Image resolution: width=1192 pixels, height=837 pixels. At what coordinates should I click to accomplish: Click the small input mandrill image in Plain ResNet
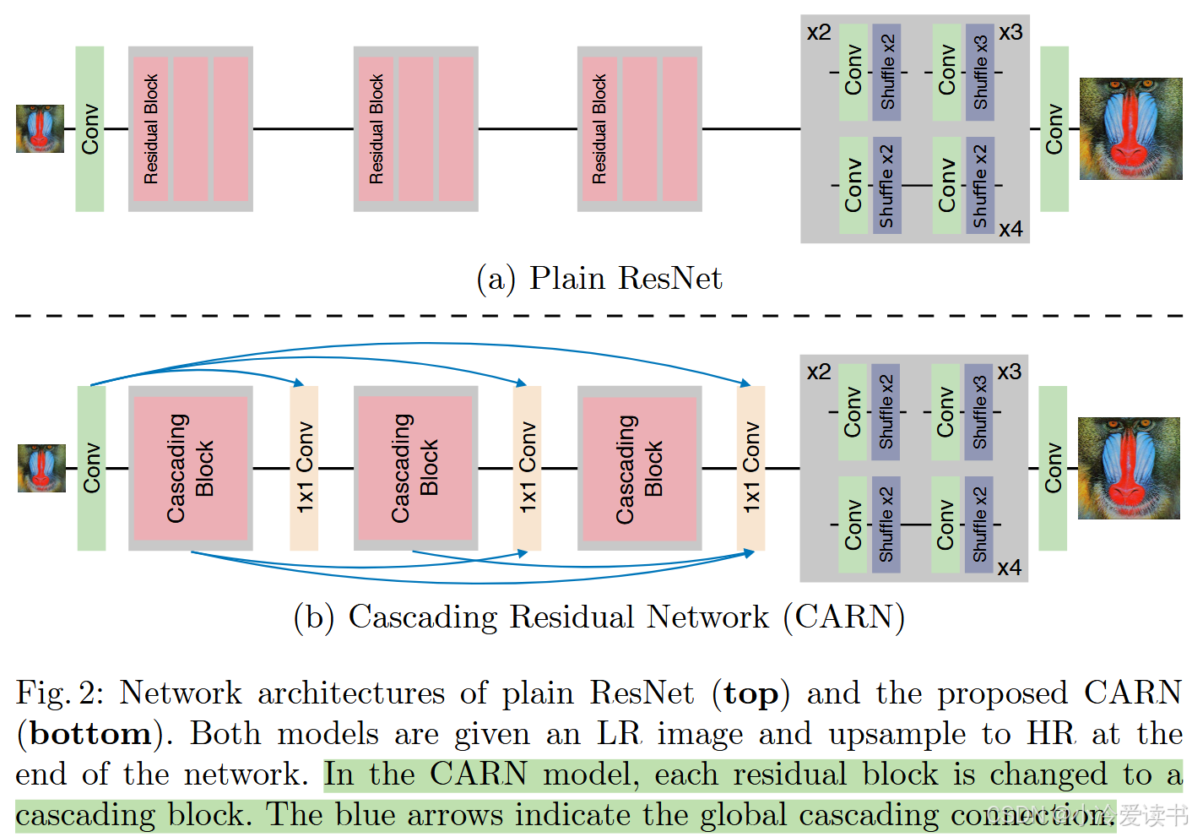[40, 128]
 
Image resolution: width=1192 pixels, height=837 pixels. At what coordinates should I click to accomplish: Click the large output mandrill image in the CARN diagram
[1129, 468]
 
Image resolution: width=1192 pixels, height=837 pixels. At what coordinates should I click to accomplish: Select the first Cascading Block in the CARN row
[191, 468]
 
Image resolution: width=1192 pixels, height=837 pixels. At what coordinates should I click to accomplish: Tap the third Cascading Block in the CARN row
[639, 468]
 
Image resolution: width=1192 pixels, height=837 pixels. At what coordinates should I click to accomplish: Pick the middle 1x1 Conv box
[527, 468]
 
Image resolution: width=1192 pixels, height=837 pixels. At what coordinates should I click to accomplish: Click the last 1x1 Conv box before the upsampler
[750, 468]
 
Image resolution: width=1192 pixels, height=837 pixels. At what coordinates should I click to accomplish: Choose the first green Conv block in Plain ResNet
[89, 128]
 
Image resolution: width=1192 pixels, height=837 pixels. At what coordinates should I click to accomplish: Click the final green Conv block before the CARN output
[1053, 468]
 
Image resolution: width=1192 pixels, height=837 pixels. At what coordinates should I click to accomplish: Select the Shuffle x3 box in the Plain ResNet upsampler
[980, 72]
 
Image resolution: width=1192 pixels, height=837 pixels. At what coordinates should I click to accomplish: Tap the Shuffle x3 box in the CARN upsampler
[978, 411]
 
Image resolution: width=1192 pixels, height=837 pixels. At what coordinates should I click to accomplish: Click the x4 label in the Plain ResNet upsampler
[1010, 229]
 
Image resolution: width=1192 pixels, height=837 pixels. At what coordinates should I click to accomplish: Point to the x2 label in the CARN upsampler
[818, 372]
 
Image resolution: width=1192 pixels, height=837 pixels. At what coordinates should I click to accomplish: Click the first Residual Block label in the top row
[151, 128]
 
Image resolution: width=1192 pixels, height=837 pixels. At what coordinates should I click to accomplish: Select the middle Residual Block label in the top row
[377, 128]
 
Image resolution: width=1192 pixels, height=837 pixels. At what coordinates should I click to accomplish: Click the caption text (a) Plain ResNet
[599, 278]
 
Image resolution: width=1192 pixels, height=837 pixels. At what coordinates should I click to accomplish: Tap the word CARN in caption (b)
[844, 617]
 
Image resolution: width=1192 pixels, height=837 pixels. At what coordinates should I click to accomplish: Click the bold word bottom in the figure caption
[90, 733]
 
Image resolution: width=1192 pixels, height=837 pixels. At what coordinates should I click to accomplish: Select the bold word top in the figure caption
[750, 693]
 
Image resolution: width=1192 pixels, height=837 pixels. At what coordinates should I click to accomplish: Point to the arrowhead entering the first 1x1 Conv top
[298, 383]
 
